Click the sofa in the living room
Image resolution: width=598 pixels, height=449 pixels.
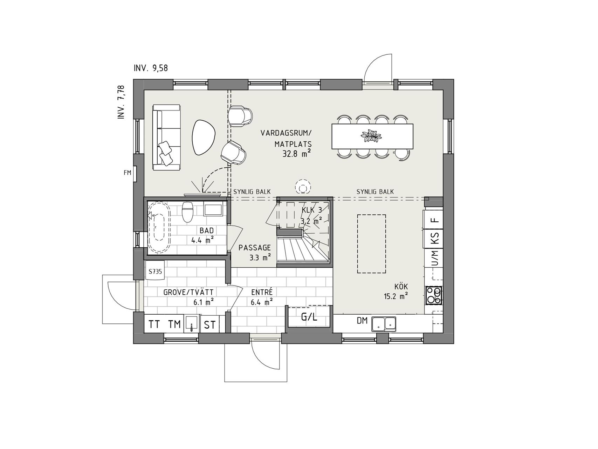(166, 138)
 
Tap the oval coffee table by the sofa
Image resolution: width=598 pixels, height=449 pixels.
(204, 138)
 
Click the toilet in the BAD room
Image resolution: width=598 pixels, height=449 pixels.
(188, 212)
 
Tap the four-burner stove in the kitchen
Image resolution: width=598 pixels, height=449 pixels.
(433, 295)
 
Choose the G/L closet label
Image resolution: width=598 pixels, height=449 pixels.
(309, 317)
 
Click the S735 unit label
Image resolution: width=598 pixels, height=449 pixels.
(155, 271)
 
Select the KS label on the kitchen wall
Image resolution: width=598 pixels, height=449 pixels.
(435, 238)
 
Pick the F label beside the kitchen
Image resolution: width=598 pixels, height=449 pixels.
(435, 221)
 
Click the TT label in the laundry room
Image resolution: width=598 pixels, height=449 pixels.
(154, 324)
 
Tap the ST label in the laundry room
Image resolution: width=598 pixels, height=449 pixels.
(210, 325)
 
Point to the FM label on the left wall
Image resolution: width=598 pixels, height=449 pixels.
(127, 173)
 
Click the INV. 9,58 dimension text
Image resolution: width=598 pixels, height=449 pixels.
(151, 68)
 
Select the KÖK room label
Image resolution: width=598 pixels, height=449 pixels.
(396, 287)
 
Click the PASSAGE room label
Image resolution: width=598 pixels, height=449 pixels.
(255, 248)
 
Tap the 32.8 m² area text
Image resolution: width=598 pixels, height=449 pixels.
(297, 153)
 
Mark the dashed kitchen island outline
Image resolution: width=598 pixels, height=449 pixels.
(371, 244)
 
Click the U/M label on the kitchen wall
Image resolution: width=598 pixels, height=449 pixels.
(435, 258)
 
